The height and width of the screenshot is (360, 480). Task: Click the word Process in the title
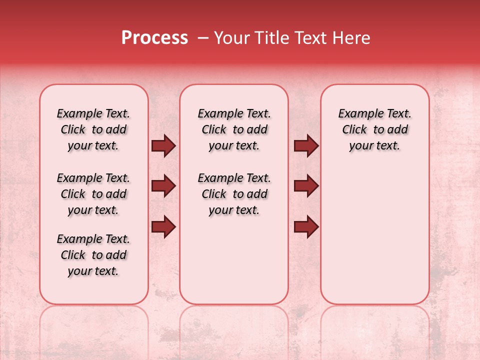pos(154,38)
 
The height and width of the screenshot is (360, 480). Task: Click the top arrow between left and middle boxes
pos(163,146)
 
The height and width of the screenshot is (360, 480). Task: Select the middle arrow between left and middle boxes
pos(163,186)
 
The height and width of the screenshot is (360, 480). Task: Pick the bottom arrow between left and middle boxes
pos(163,227)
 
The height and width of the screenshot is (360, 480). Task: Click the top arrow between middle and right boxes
pos(306,146)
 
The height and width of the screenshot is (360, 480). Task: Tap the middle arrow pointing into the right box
pos(306,186)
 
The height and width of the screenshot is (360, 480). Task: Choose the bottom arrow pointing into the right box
pos(306,227)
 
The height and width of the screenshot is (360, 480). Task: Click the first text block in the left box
pos(93,129)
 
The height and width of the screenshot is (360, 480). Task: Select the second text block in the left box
pos(93,194)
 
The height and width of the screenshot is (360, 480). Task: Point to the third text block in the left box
pos(93,255)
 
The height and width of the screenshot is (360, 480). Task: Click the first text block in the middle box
pos(234,129)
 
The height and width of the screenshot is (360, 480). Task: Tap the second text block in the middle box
pos(234,194)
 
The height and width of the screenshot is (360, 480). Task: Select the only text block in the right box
pos(374,129)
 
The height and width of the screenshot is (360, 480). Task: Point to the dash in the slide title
pos(203,38)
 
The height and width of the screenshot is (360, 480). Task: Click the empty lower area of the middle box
pos(234,260)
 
